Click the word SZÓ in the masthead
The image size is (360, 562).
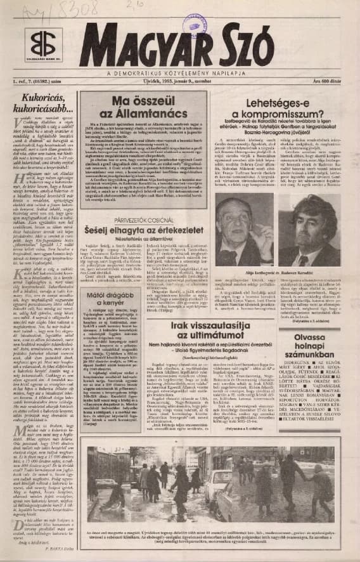click(x=240, y=51)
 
